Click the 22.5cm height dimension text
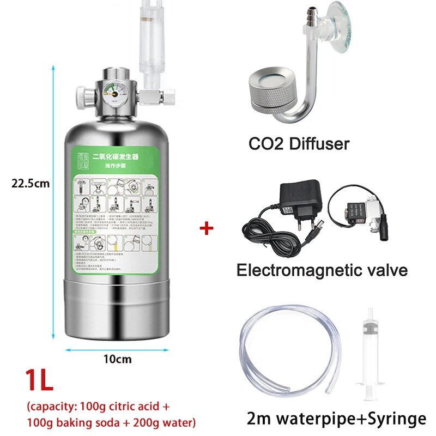click(x=31, y=184)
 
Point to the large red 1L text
click(x=39, y=379)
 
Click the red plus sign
click(x=207, y=228)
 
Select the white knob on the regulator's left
click(x=81, y=95)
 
